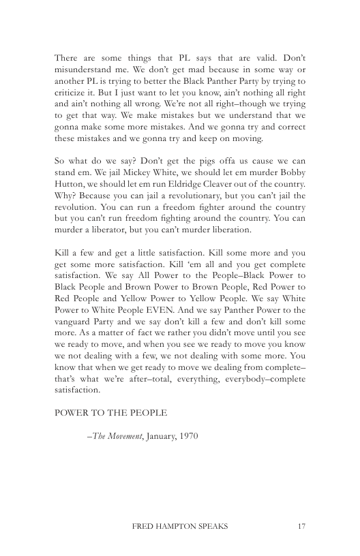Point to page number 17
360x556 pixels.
[301, 525]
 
